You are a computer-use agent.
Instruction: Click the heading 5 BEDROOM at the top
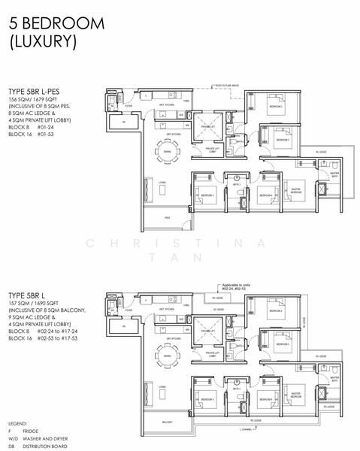click(57, 23)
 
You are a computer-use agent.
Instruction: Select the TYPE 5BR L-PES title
click(38, 90)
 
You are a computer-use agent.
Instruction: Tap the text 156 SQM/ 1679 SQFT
click(39, 98)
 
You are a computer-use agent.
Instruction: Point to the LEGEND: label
click(19, 424)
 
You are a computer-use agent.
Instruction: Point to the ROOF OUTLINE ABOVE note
click(229, 86)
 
